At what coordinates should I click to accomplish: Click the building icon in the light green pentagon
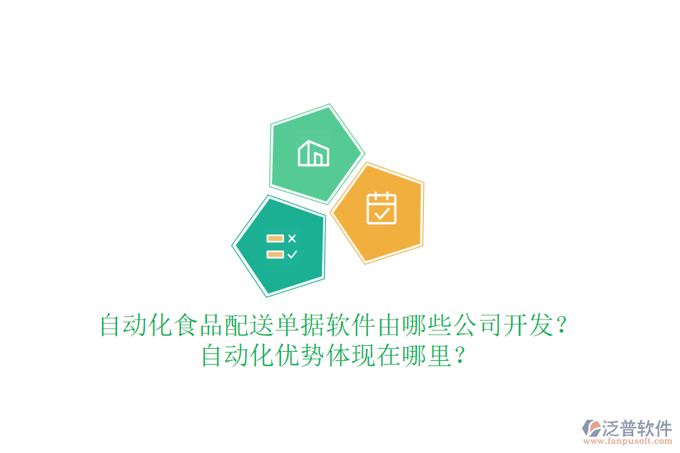click(314, 153)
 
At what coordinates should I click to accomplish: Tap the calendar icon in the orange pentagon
click(382, 208)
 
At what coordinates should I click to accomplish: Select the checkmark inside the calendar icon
click(382, 214)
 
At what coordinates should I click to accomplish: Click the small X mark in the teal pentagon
click(292, 239)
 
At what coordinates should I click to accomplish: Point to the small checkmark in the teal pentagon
click(292, 254)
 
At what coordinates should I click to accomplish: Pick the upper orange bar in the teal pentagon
click(275, 239)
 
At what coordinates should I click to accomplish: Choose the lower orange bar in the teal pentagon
click(275, 254)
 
